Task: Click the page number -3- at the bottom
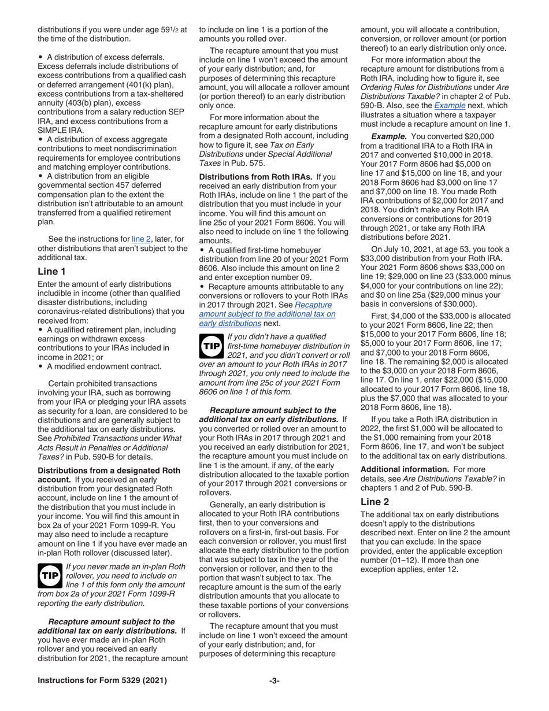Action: (x=274, y=680)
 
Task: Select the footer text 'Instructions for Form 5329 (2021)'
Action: (x=102, y=680)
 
